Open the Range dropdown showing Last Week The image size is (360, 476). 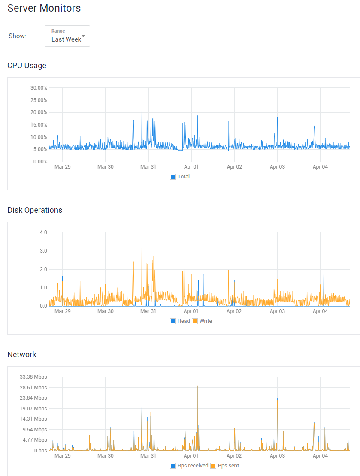pos(67,36)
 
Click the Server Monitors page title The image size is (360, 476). pos(44,8)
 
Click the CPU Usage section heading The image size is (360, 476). pos(27,66)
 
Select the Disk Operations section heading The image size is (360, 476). pos(35,210)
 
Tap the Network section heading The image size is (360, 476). pos(22,355)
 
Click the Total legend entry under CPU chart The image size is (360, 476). pos(180,177)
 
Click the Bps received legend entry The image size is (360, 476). pos(189,466)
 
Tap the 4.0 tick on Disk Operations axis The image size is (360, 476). pos(43,232)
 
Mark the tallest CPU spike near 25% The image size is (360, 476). pos(142,99)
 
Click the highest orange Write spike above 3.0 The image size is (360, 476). pos(142,248)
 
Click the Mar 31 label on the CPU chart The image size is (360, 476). pos(148,167)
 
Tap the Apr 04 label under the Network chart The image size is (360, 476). pos(320,456)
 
